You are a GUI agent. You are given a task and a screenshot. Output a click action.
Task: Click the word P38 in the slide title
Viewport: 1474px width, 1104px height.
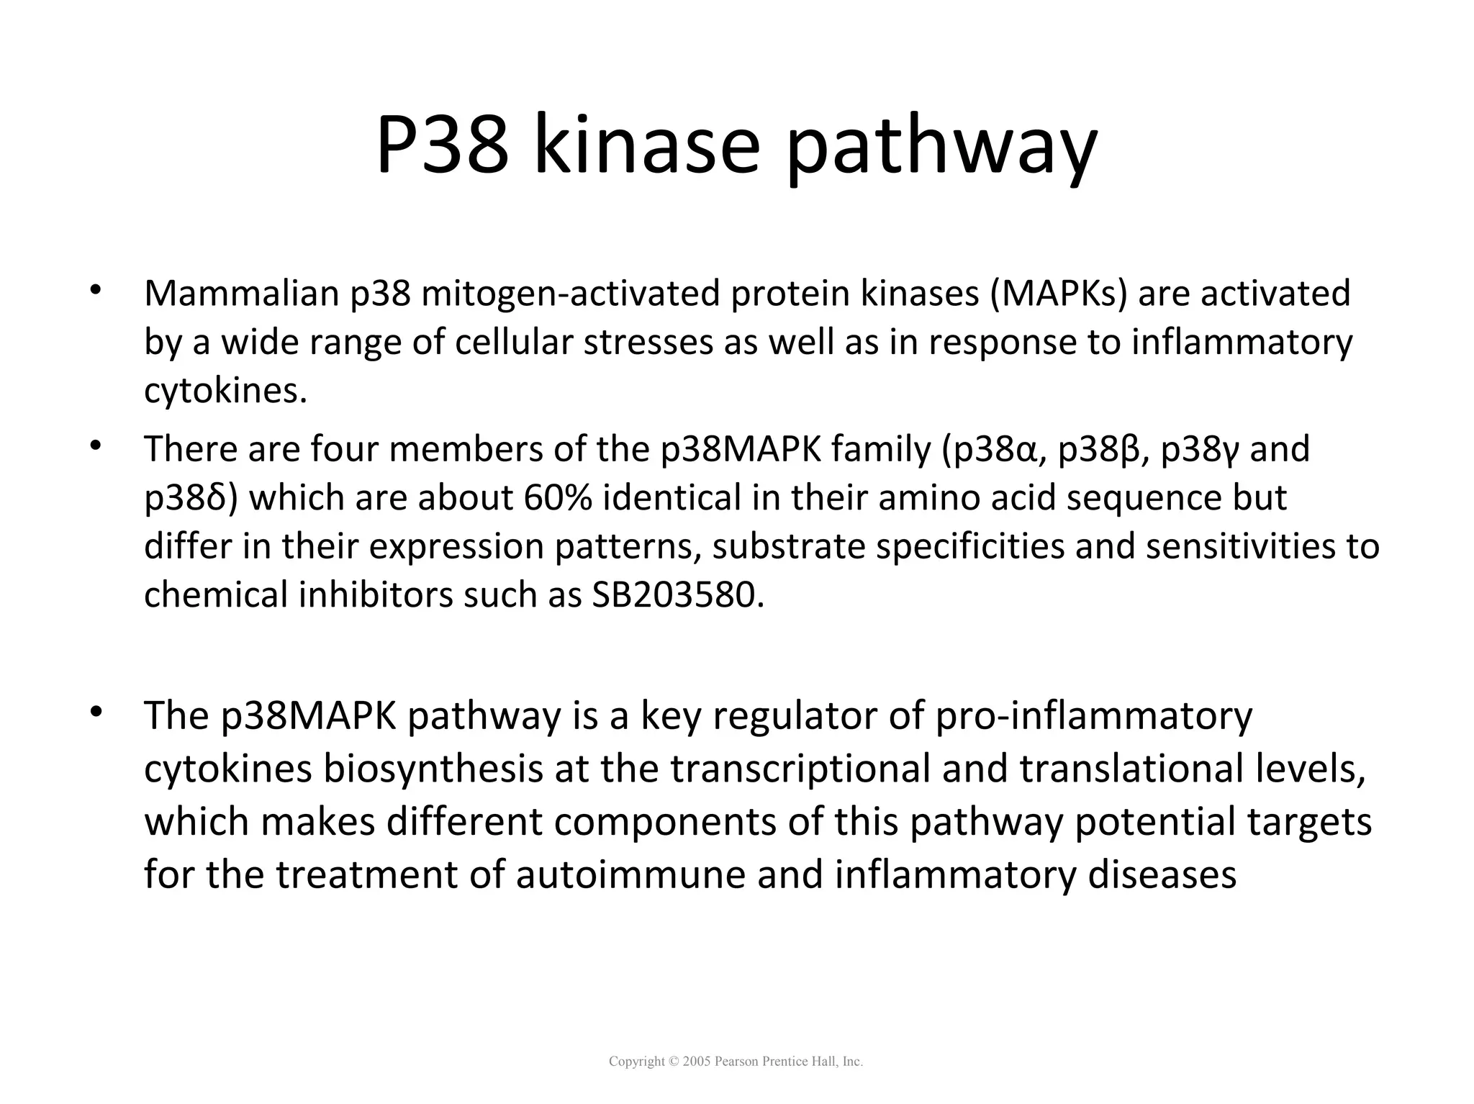point(440,145)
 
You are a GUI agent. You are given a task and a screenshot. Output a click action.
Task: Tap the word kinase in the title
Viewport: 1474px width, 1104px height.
point(646,145)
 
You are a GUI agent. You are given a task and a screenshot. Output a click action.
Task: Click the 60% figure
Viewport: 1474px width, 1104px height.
point(558,498)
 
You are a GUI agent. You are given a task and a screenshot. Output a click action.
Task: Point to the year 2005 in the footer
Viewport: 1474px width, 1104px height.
point(696,1062)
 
